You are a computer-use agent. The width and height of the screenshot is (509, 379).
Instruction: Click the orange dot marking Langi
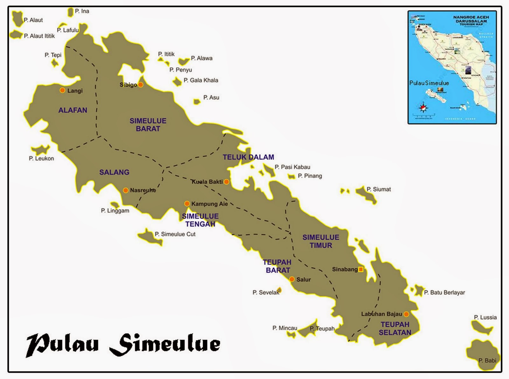(62, 90)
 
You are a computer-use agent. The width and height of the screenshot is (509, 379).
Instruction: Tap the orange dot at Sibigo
(141, 85)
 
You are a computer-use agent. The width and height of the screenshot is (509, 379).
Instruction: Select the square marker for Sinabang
(361, 269)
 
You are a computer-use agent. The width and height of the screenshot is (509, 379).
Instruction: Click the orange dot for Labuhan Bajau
(406, 314)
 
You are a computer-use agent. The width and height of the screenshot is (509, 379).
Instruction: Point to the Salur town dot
(292, 279)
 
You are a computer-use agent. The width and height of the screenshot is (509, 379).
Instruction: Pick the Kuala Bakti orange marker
(226, 182)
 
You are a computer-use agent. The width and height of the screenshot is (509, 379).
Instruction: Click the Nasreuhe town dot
(126, 190)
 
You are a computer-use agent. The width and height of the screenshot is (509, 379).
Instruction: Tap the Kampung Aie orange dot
(187, 203)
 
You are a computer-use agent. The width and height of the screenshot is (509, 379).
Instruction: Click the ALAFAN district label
(73, 110)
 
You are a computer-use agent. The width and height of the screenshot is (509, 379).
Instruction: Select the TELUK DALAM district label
(248, 157)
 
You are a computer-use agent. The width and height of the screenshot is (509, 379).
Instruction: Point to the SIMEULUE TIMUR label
(321, 241)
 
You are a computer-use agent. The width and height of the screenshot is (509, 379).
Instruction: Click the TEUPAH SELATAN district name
(395, 328)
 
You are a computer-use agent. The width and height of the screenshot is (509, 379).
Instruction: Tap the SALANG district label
(114, 172)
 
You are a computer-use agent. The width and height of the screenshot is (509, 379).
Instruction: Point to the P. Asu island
(197, 102)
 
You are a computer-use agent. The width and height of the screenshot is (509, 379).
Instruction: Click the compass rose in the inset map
(423, 107)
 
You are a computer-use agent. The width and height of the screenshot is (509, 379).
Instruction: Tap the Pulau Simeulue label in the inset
(429, 83)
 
